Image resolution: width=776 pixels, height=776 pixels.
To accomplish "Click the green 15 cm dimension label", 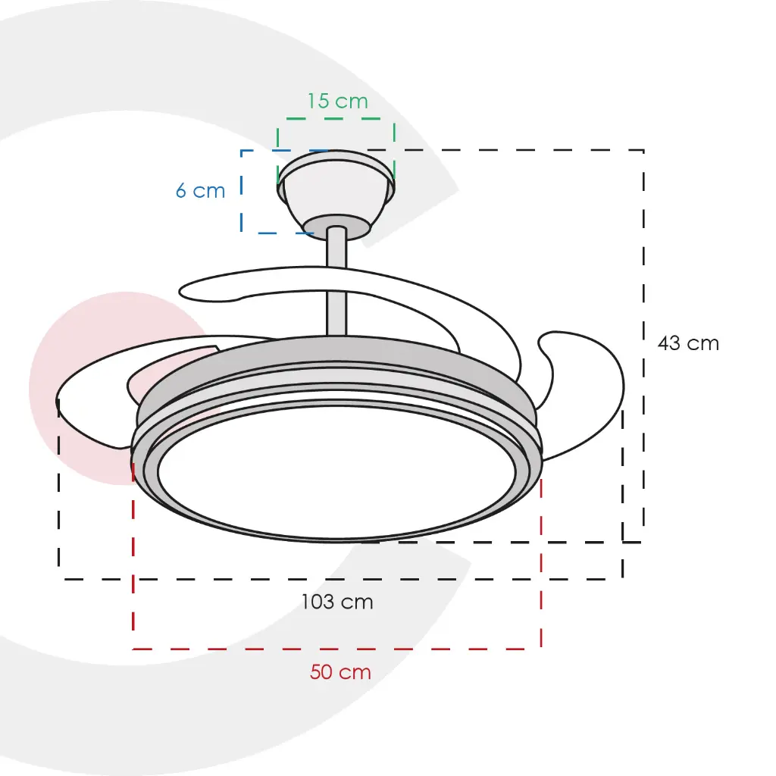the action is click(338, 101).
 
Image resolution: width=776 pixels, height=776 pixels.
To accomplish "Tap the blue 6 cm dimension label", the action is click(200, 190).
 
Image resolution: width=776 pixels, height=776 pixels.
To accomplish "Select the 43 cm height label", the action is click(688, 343).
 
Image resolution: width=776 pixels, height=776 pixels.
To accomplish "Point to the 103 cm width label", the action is click(337, 602).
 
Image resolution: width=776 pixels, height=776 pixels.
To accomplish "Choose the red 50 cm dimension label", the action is click(340, 671).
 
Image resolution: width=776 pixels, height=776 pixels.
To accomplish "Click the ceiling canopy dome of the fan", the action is click(336, 188).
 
